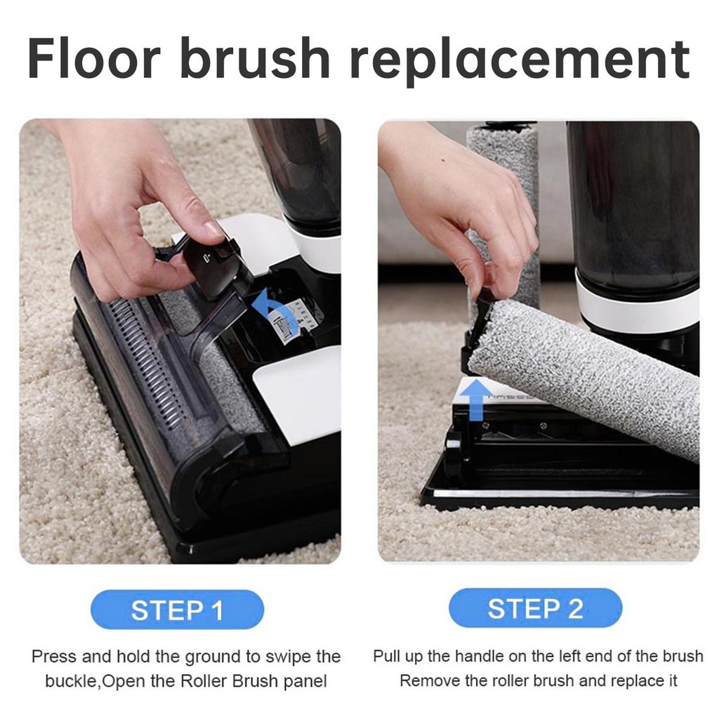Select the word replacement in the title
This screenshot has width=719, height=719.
pos(520,60)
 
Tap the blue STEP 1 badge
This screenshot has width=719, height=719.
pos(177,609)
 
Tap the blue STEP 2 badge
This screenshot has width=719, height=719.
pos(535,608)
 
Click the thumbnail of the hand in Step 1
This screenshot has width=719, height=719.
pos(212,230)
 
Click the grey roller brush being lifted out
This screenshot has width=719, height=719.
pos(590,376)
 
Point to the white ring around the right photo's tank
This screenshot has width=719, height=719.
pos(636,308)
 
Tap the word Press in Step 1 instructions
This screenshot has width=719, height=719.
pos(54,657)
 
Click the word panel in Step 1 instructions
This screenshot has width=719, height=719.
pos(306,681)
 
